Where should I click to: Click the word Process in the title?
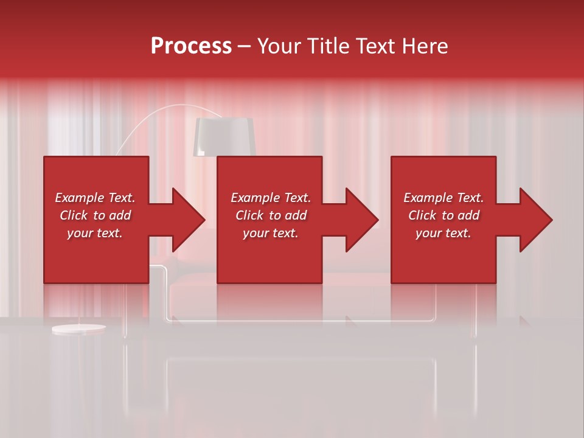tap(191, 46)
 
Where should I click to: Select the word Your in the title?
tap(279, 46)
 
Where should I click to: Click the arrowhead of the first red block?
tap(186, 220)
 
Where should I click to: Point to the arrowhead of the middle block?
tap(359, 220)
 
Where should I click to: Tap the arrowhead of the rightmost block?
tap(533, 220)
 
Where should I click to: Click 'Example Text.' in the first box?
tap(95, 198)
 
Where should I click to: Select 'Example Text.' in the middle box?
tap(270, 198)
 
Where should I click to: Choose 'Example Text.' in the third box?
tap(443, 198)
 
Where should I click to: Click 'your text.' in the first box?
tap(95, 233)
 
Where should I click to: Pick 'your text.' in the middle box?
tap(270, 233)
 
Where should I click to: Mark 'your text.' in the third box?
tap(443, 233)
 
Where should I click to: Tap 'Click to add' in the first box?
tap(95, 215)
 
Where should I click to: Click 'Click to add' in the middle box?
tap(270, 215)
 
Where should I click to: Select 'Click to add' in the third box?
tap(443, 215)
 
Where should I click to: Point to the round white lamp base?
tap(78, 329)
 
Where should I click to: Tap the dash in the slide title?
tap(244, 46)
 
